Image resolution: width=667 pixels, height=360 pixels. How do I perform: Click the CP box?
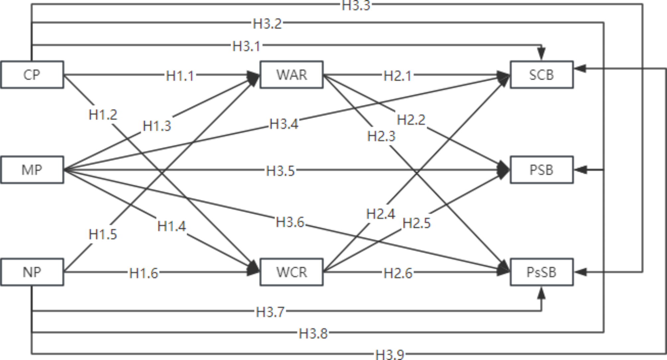(x=32, y=74)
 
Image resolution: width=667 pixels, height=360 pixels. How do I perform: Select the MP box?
(x=32, y=170)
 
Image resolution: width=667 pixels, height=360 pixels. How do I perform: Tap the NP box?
(x=32, y=272)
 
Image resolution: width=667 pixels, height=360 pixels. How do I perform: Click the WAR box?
(x=291, y=74)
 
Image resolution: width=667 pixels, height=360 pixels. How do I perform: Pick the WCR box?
(x=291, y=272)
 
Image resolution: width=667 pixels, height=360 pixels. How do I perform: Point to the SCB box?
(x=541, y=74)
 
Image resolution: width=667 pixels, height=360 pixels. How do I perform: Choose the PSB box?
(x=541, y=170)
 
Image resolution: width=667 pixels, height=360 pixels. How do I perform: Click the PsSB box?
(x=541, y=272)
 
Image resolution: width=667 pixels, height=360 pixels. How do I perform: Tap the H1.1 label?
(x=180, y=76)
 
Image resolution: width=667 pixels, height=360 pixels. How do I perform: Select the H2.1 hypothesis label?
(x=397, y=76)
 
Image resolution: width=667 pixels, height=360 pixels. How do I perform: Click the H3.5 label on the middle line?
(x=280, y=171)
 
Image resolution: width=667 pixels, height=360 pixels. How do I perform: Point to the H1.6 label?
(x=143, y=273)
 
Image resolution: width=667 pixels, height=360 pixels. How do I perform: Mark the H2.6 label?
(x=398, y=273)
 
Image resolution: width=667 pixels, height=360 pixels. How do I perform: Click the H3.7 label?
(x=270, y=312)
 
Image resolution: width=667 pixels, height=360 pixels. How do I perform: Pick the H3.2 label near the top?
(x=267, y=24)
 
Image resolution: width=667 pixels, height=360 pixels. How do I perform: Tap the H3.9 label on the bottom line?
(x=390, y=354)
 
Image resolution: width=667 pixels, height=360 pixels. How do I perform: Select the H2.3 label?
(x=381, y=136)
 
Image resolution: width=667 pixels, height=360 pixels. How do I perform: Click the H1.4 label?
(x=171, y=226)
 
